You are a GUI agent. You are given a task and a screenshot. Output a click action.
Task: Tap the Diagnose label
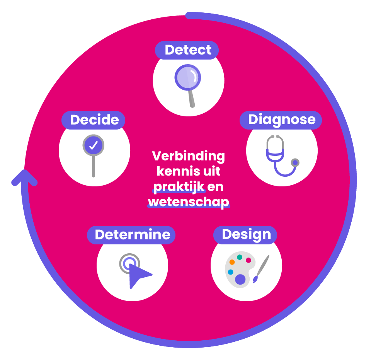(x=281, y=120)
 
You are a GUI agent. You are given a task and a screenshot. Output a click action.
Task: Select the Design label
(x=246, y=235)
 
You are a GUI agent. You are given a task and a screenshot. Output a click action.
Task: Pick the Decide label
(x=94, y=120)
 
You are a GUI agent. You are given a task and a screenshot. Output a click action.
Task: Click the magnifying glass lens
(x=187, y=77)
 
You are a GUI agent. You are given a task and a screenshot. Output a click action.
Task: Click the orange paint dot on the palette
(x=232, y=262)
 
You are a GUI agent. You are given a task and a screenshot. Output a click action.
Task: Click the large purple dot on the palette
(x=240, y=280)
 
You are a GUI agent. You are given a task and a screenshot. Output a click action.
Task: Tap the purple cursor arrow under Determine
(x=138, y=275)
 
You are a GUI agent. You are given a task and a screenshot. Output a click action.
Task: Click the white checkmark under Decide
(x=93, y=145)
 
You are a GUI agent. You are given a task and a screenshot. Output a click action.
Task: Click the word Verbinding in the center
(x=188, y=156)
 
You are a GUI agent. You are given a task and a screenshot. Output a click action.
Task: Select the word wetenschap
(x=188, y=202)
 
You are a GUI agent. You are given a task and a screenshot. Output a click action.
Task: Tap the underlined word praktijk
(x=179, y=187)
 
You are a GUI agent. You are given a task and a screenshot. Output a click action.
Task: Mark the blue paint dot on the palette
(x=231, y=272)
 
